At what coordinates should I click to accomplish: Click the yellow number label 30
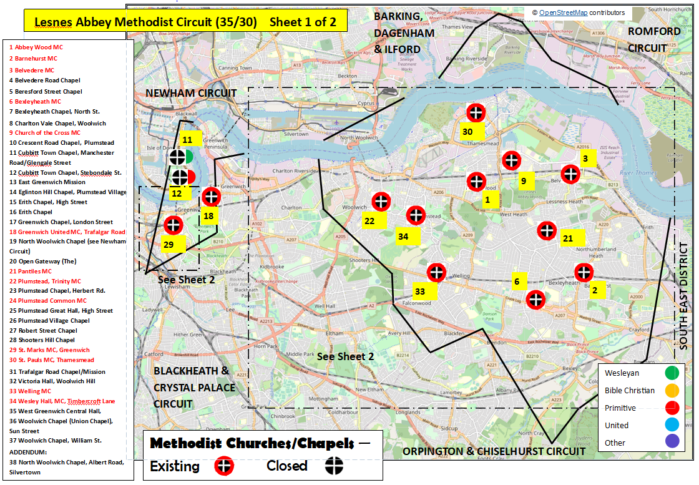click(468, 131)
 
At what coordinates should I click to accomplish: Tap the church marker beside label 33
click(436, 273)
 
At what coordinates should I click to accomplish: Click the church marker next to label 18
click(211, 197)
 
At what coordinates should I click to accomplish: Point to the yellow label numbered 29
click(169, 245)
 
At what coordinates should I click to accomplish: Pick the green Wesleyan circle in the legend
click(672, 373)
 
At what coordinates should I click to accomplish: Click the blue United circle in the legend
click(672, 426)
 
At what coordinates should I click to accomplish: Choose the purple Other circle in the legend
click(672, 443)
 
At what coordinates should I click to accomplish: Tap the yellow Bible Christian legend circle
click(672, 391)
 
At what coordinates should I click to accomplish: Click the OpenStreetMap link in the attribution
click(564, 12)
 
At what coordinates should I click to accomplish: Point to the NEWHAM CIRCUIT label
click(191, 93)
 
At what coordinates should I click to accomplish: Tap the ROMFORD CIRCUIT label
click(654, 39)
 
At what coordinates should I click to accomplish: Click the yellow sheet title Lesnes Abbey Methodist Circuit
click(185, 22)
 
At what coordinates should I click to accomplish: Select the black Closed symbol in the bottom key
click(335, 466)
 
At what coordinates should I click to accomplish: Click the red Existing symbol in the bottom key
click(223, 466)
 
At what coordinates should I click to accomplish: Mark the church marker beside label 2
click(584, 272)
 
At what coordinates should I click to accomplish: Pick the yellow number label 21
click(567, 238)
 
